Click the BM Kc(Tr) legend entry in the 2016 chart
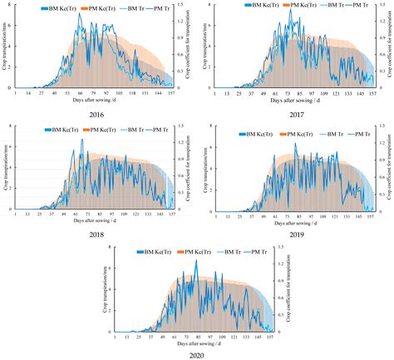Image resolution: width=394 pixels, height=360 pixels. (67, 7)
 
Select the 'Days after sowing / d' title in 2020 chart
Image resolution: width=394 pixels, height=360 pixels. (196, 341)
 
